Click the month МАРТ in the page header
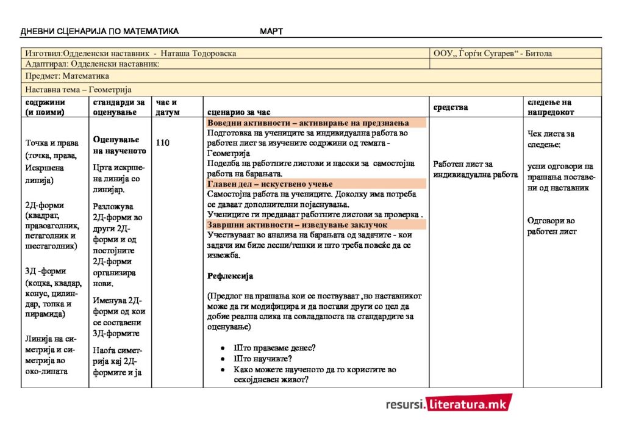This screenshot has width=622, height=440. click(x=271, y=32)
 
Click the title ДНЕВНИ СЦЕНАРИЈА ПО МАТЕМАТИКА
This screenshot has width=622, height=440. click(x=99, y=32)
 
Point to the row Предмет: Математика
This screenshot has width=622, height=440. click(x=67, y=76)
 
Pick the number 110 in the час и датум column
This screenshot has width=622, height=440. click(x=162, y=143)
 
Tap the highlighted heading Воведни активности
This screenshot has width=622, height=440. click(x=247, y=123)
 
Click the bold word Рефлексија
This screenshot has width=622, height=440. click(x=230, y=276)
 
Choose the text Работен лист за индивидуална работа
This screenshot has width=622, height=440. click(x=476, y=170)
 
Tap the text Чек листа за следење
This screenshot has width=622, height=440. click(x=551, y=139)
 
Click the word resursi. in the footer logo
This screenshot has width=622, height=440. click(x=406, y=404)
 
